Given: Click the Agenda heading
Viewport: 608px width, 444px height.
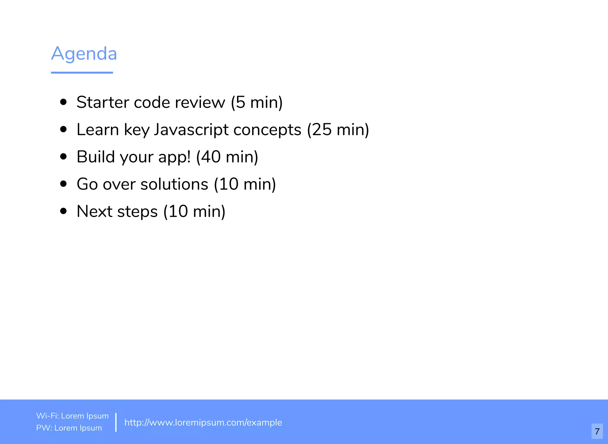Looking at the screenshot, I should pyautogui.click(x=84, y=54).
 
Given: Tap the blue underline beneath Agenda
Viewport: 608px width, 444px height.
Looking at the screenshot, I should pyautogui.click(x=82, y=73).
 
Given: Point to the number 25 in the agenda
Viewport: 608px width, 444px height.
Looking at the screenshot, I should pyautogui.click(x=322, y=130).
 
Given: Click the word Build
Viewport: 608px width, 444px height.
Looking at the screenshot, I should pyautogui.click(x=96, y=157).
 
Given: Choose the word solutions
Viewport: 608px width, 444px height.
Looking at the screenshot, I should pyautogui.click(x=174, y=184).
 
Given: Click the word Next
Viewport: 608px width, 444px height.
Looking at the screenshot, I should pyautogui.click(x=94, y=212).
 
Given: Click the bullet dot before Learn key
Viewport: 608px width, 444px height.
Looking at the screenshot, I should pyautogui.click(x=63, y=129).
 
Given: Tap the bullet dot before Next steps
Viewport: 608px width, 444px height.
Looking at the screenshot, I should pyautogui.click(x=63, y=211).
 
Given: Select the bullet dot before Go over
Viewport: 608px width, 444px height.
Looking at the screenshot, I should pyautogui.click(x=63, y=184).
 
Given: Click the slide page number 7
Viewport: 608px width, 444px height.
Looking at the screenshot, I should pyautogui.click(x=597, y=431).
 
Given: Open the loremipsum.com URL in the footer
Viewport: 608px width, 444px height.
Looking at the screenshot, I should pyautogui.click(x=203, y=422).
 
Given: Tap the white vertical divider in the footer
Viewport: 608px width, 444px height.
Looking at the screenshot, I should pyautogui.click(x=116, y=422).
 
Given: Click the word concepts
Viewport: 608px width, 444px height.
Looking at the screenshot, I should pyautogui.click(x=267, y=130).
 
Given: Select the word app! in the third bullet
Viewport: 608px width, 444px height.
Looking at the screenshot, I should pyautogui.click(x=174, y=157).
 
